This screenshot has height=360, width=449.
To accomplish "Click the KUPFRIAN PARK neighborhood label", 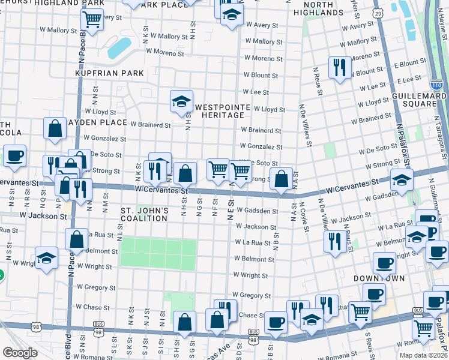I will click(109, 73).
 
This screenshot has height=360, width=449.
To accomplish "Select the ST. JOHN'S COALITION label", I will click(144, 215).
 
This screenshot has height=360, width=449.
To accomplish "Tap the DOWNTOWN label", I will click(379, 279).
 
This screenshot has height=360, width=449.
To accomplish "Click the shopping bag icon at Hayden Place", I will click(55, 128).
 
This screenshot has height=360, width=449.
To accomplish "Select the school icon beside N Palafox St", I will click(401, 178).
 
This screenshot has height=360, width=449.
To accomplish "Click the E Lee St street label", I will click(409, 79).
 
